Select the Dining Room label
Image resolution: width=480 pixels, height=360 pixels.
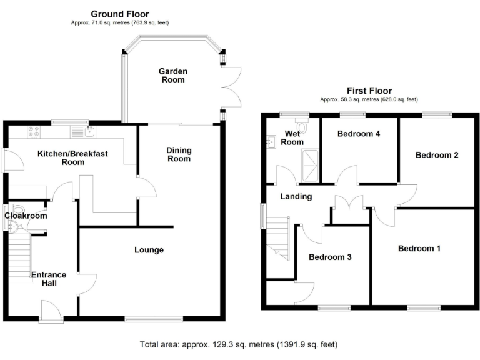[179, 154]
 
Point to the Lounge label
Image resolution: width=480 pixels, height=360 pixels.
[149, 250]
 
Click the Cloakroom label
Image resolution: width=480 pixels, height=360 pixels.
[26, 216]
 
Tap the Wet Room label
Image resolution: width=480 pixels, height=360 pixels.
[293, 137]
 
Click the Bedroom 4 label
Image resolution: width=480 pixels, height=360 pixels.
[359, 134]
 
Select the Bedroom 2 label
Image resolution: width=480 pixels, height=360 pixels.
[437, 154]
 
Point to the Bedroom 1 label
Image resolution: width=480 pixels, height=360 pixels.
[419, 249]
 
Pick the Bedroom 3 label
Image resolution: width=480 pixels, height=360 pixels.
[330, 257]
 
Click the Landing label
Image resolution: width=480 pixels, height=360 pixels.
[296, 196]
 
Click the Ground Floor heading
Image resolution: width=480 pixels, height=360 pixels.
[120, 14]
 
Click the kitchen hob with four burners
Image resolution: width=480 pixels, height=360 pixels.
[33, 132]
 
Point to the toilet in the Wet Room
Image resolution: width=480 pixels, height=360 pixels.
[302, 127]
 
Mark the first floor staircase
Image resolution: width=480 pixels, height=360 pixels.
[279, 237]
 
